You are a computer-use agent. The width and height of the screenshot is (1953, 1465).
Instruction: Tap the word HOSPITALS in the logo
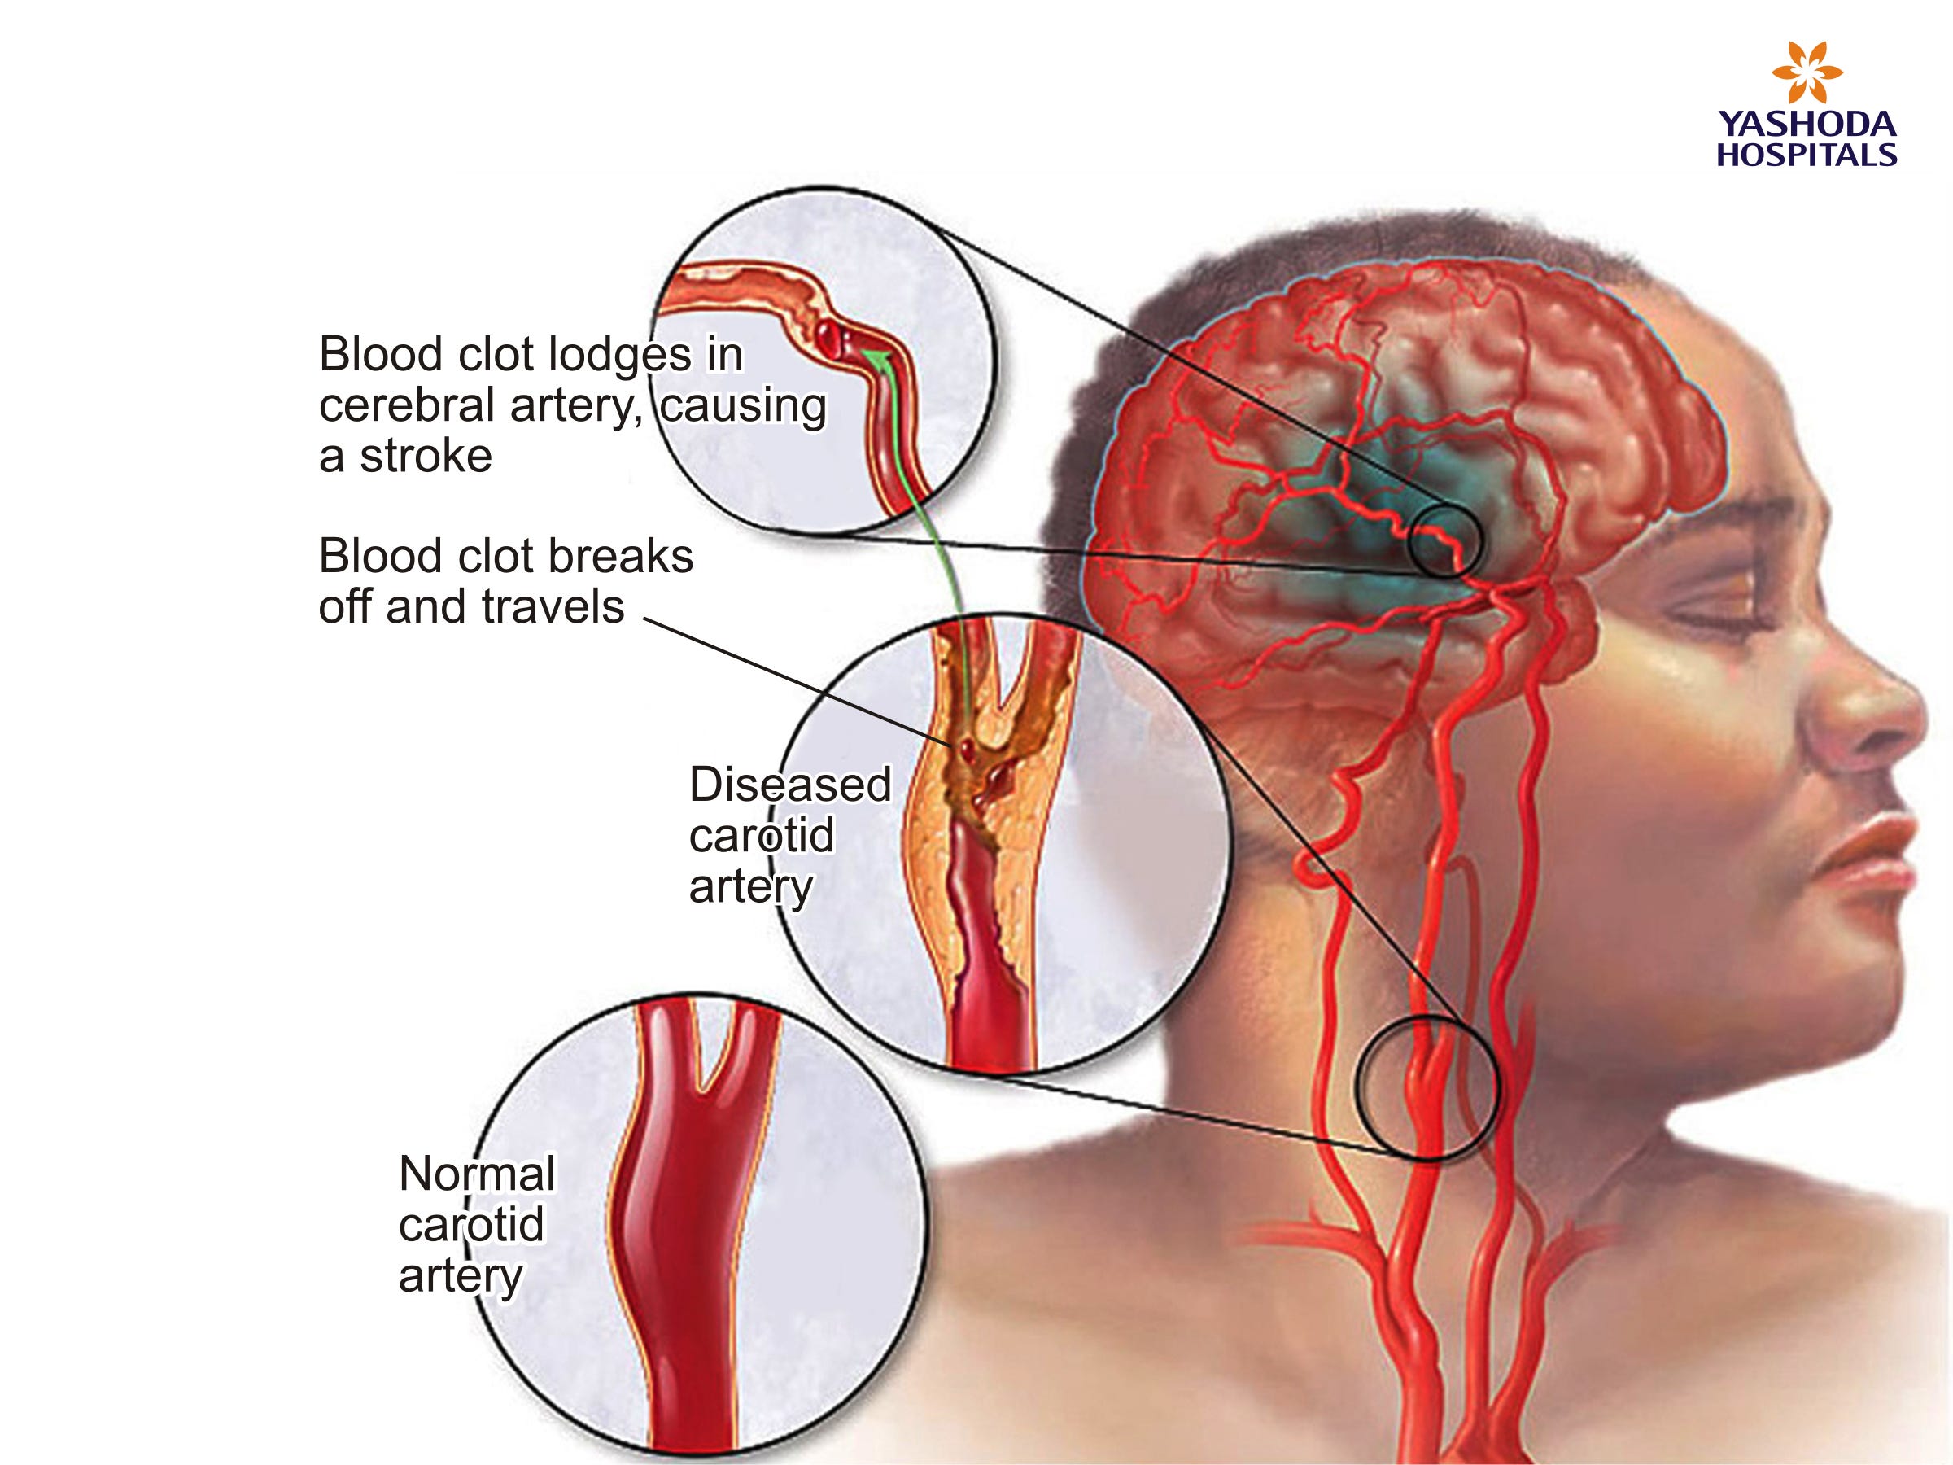tap(1807, 155)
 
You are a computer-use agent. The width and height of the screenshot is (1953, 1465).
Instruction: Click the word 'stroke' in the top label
tap(426, 457)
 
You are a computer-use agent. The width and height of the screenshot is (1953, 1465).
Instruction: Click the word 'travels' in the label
tap(553, 607)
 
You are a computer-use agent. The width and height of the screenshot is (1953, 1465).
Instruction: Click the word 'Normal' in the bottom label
tap(477, 1174)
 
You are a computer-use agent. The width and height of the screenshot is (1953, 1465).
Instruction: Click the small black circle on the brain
tap(1445, 541)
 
